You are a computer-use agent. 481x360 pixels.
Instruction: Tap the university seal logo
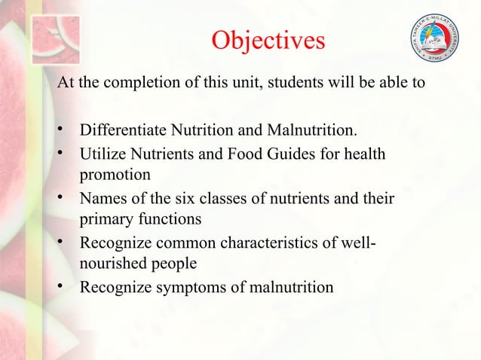(x=435, y=38)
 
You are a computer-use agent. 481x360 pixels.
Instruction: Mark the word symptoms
(x=188, y=288)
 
